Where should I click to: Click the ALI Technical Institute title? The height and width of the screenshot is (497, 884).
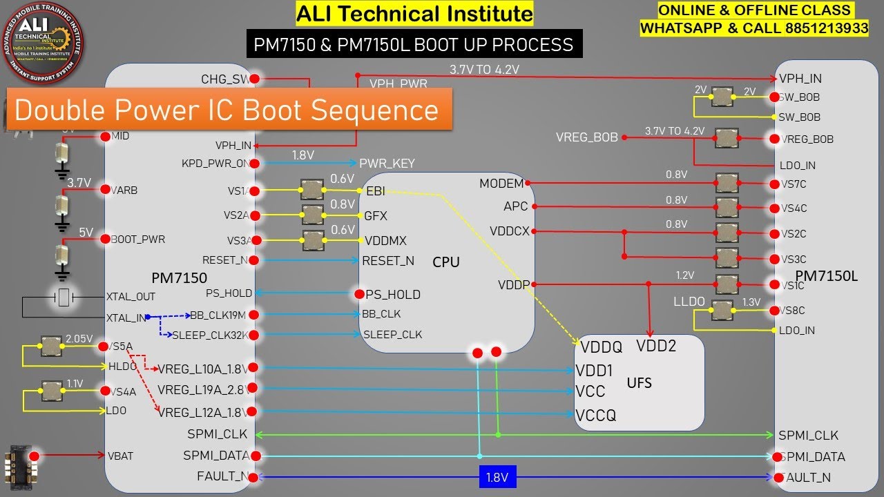click(414, 14)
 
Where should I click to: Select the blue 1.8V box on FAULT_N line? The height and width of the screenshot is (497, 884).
click(497, 477)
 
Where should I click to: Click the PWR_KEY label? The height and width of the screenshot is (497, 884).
click(387, 164)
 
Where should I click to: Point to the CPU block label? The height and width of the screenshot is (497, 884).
click(446, 262)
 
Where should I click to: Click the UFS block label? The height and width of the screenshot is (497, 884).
click(639, 382)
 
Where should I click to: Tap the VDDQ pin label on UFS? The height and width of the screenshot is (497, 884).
click(601, 347)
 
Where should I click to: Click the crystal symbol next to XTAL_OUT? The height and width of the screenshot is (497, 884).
click(64, 298)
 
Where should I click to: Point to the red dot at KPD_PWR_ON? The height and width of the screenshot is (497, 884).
click(254, 164)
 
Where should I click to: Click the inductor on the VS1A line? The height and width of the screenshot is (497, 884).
click(311, 189)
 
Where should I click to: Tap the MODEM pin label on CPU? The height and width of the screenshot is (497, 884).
click(501, 184)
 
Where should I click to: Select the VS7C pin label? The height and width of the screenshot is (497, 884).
click(794, 184)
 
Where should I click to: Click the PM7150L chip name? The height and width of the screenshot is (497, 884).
click(826, 276)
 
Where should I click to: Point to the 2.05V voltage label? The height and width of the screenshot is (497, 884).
click(79, 339)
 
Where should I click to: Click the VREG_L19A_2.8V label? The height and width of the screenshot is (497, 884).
click(202, 390)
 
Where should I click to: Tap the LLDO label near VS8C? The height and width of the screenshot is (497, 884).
click(689, 302)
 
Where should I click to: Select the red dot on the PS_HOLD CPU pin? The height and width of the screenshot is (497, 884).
click(359, 295)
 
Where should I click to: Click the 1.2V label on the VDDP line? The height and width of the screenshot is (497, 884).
click(684, 275)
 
